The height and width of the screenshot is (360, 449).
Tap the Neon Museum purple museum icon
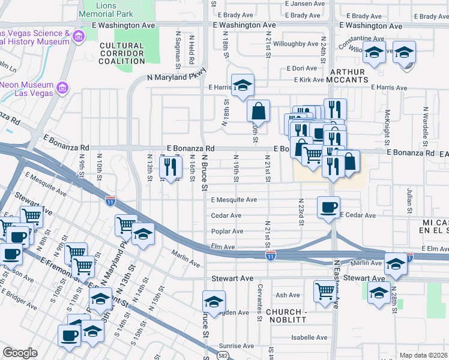pos(61,89)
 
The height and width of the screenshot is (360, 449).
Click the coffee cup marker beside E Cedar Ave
pos(328,208)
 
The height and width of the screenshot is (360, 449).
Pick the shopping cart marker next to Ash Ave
pos(325,292)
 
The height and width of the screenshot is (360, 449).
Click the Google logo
pos(20,353)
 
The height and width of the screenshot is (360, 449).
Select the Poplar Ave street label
pos(227,231)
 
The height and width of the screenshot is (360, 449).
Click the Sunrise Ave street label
pos(237,346)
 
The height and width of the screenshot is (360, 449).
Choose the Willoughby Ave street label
pos(295,44)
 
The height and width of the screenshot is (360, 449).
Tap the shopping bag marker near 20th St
pos(258,111)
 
